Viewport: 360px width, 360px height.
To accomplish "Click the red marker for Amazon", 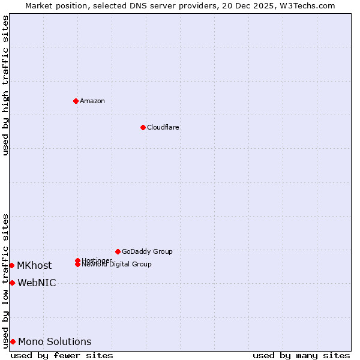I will coord(76,101).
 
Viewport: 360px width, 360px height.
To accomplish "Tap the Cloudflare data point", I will coord(143,127).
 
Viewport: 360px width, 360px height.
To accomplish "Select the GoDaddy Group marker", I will coord(118,251).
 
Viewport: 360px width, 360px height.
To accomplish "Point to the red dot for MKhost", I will coord(11,265).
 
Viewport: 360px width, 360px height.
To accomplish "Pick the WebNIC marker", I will coord(12,283).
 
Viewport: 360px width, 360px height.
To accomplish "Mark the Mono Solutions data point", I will coord(13,341).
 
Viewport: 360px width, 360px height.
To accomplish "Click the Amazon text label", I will coord(92,101).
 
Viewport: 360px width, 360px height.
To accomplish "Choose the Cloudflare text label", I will coord(163,127).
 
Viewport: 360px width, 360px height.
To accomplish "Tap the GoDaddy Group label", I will coord(147,251).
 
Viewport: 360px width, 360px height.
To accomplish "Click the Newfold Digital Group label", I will coord(116,265).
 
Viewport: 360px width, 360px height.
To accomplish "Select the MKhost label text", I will coord(34,265).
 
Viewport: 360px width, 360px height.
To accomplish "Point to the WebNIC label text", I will coord(37,283).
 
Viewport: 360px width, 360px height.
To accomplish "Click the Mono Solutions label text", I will coord(55,341).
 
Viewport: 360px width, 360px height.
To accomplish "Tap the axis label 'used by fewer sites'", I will coord(62,356).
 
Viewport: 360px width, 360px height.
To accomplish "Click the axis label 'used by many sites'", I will coord(301,356).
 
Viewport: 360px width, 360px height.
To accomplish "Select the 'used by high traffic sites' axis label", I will coord(5,85).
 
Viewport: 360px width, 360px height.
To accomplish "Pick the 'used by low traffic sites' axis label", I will coord(5,281).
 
